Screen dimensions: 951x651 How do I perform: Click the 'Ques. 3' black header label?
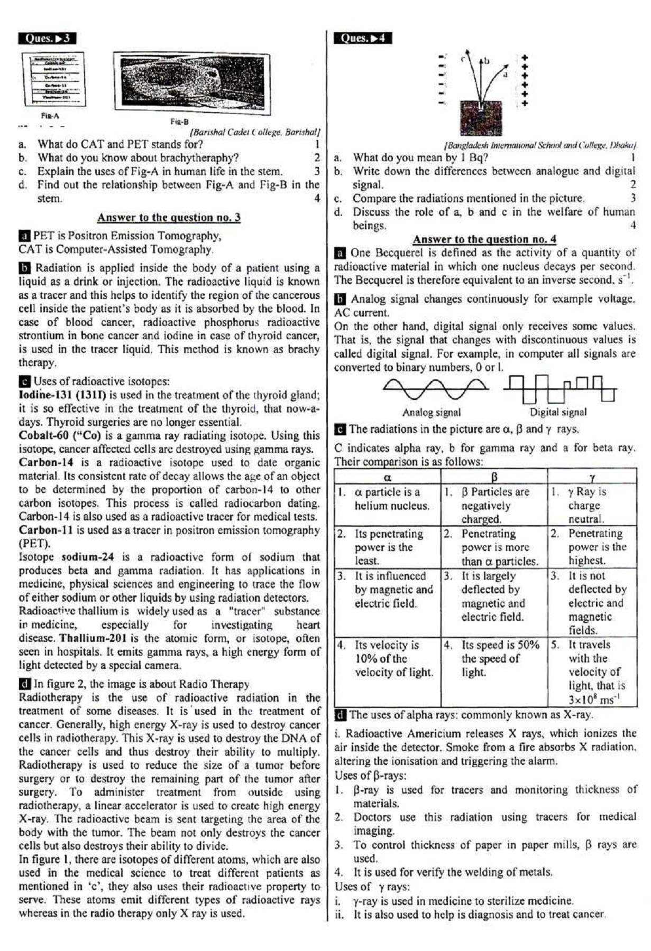[47, 39]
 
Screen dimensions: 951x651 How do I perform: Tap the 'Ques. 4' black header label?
[363, 38]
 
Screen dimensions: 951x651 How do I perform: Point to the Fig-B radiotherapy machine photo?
[191, 83]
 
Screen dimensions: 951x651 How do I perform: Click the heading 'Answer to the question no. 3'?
[169, 218]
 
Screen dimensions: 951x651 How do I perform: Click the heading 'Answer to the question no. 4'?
[484, 239]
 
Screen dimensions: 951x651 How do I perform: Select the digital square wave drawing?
[560, 389]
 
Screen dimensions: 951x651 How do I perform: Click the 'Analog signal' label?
[431, 413]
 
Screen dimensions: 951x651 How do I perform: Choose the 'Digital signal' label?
[558, 412]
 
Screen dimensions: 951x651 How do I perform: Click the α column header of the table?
[387, 478]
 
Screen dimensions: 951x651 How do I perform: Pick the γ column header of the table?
[592, 478]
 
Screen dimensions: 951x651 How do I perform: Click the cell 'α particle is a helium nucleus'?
[387, 499]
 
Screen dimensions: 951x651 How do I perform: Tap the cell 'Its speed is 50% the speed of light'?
[494, 658]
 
